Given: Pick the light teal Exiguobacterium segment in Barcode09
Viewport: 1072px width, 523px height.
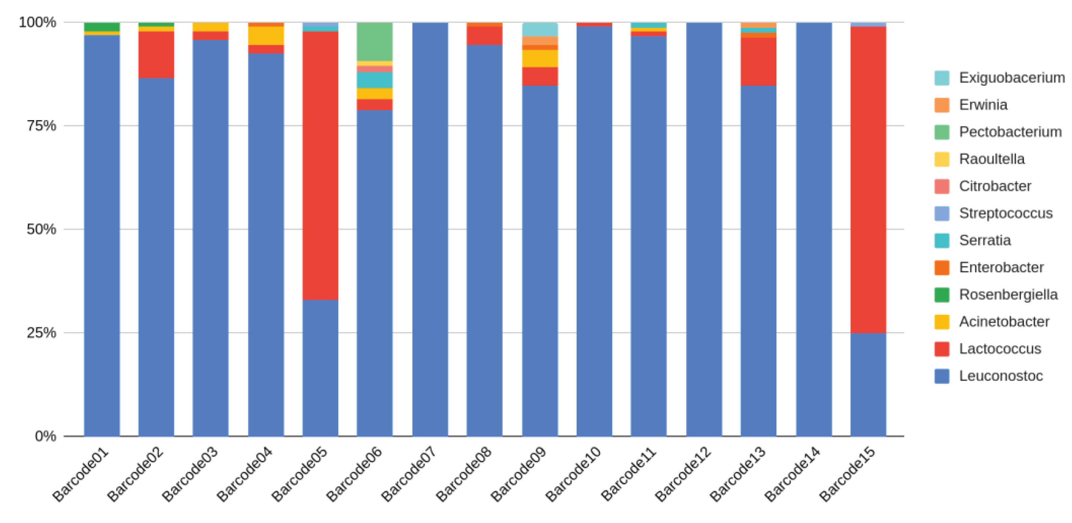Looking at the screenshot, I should tap(540, 29).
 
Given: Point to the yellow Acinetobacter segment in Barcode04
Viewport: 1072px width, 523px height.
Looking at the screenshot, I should tap(266, 36).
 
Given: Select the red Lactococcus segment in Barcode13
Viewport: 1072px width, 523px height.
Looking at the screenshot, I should tap(758, 61).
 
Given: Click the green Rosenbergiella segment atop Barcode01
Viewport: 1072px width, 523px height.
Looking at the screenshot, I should tap(102, 27).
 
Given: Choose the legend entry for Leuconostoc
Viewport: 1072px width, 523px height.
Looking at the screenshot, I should tap(1000, 376).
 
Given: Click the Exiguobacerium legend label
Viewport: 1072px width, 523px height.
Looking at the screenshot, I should tap(1012, 78).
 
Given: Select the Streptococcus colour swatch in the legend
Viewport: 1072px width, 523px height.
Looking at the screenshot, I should tap(942, 213).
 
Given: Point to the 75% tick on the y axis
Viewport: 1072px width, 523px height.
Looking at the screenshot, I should tap(42, 126).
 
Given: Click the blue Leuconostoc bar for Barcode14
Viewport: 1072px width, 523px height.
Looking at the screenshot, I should tap(814, 229).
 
